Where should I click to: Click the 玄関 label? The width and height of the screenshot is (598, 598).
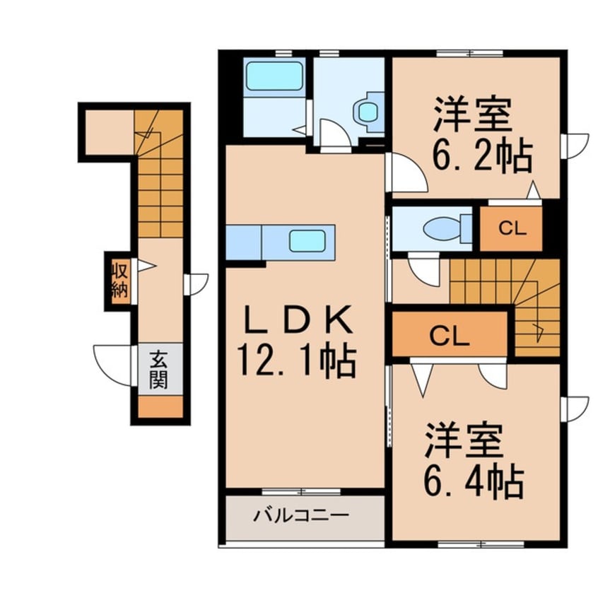[x=158, y=370]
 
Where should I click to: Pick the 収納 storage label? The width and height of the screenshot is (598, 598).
[x=118, y=280]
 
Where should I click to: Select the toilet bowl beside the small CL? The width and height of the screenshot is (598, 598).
[x=443, y=228]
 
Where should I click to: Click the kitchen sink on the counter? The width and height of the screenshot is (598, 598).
[x=307, y=241]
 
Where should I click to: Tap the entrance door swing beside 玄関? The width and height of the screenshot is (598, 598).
[x=113, y=365]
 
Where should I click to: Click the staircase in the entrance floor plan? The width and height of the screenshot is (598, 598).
[x=160, y=177]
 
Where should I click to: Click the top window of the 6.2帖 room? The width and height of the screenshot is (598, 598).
[x=469, y=53]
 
